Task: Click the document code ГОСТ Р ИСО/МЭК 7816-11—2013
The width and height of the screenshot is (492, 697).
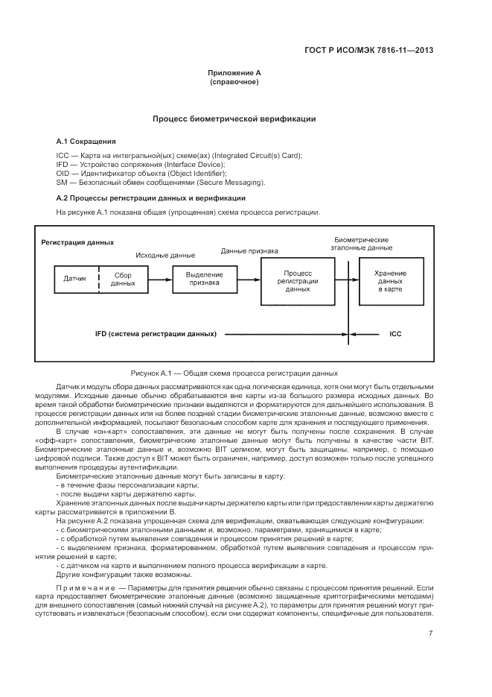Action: pos(369,51)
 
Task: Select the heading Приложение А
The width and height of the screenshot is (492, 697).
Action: pos(234,73)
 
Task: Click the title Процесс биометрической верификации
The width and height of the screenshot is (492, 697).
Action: pos(234,119)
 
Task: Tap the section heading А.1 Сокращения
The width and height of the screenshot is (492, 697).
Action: pos(86,140)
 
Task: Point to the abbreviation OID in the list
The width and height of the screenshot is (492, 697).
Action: pos(64,173)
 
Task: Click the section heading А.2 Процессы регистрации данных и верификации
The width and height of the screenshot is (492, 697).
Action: pos(151,198)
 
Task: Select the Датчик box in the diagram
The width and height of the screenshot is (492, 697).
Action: pos(77,279)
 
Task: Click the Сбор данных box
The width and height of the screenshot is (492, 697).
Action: pos(124,279)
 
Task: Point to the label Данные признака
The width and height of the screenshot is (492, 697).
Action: pos(249,251)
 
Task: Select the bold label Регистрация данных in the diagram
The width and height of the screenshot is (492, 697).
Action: pos(77,242)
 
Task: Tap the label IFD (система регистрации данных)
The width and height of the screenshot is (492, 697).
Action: pos(156,334)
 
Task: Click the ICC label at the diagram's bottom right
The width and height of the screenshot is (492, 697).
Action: pos(395,334)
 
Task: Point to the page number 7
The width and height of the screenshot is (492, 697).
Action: pos(431,634)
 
